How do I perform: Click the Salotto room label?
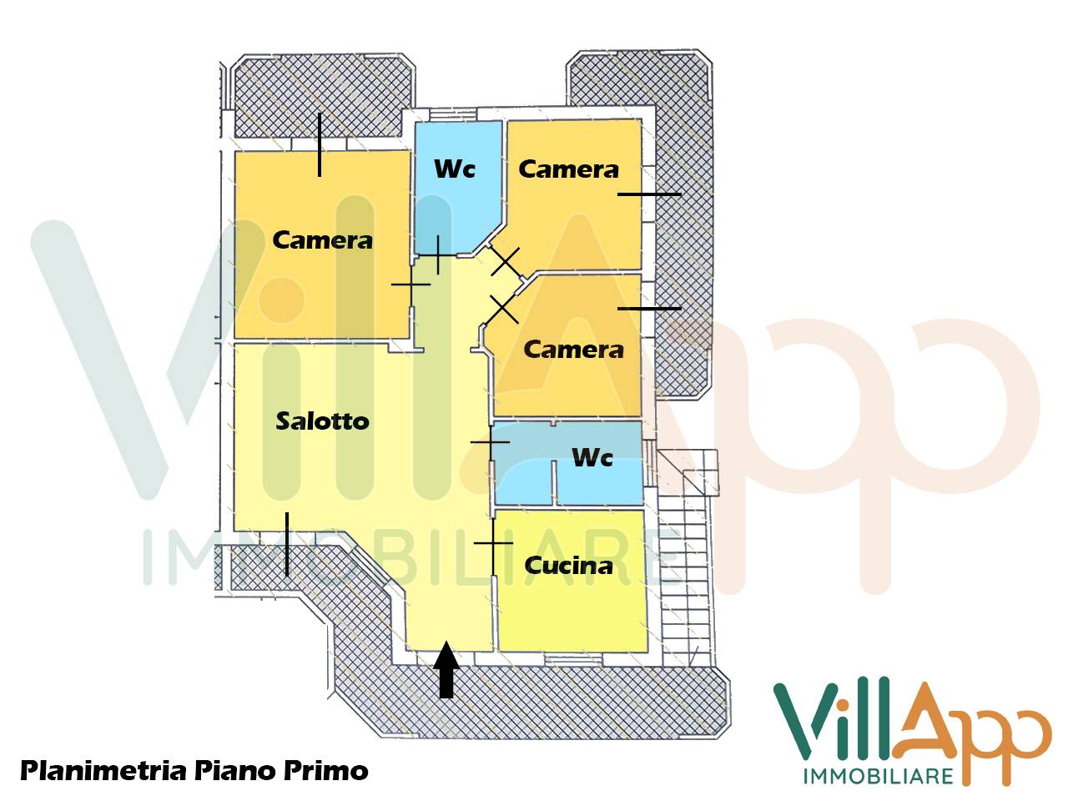322,421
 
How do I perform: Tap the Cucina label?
568,565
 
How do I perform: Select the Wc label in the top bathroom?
455,169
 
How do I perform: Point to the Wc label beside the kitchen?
592,457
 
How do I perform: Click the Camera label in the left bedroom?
322,240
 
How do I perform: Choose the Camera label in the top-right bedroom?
568,169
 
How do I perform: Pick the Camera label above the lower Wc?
573,349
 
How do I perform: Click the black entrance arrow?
446,669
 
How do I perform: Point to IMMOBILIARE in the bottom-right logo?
878,776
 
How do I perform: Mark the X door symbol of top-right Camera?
505,261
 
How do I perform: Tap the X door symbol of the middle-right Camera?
502,309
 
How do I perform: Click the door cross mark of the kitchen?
493,543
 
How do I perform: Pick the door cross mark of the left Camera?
411,285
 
